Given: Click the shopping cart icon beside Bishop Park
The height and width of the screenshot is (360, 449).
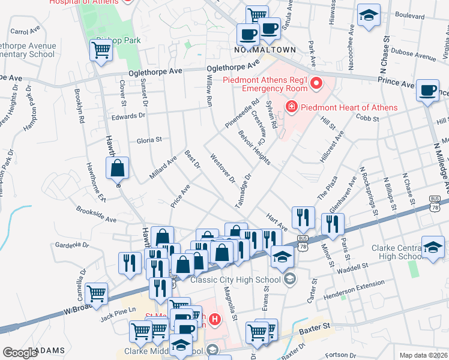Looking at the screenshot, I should [x=101, y=51].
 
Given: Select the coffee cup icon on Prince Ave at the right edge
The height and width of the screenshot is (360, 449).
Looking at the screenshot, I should [x=427, y=91].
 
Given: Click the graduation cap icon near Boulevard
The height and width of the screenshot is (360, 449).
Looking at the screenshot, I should [x=369, y=16].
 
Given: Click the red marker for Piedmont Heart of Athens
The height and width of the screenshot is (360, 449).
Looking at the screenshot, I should [x=292, y=107].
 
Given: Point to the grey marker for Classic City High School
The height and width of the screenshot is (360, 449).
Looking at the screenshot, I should [x=290, y=279].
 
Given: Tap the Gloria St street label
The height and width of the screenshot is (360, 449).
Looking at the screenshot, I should [x=150, y=140].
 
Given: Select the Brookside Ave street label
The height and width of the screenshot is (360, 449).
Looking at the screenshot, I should [x=95, y=215].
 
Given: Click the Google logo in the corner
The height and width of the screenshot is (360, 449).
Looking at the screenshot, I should [x=20, y=352].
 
